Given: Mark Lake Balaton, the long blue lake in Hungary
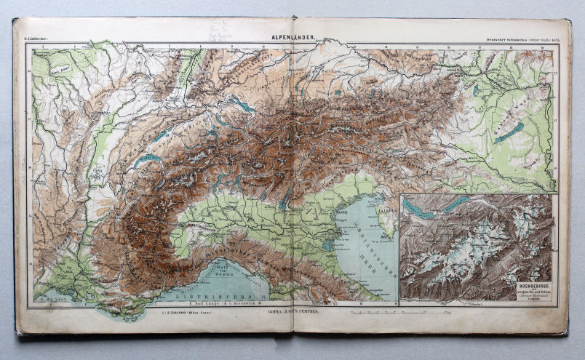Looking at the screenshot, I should point(509,132).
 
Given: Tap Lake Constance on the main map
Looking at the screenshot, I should point(242,105).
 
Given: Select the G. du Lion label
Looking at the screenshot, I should point(52,297).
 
